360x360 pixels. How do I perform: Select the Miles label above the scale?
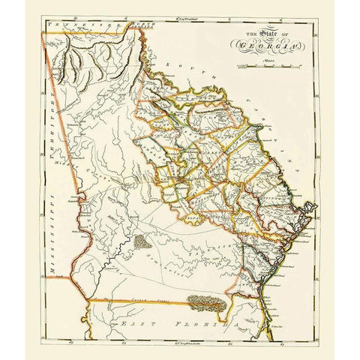264,59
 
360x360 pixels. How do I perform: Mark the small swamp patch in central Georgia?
142,242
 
